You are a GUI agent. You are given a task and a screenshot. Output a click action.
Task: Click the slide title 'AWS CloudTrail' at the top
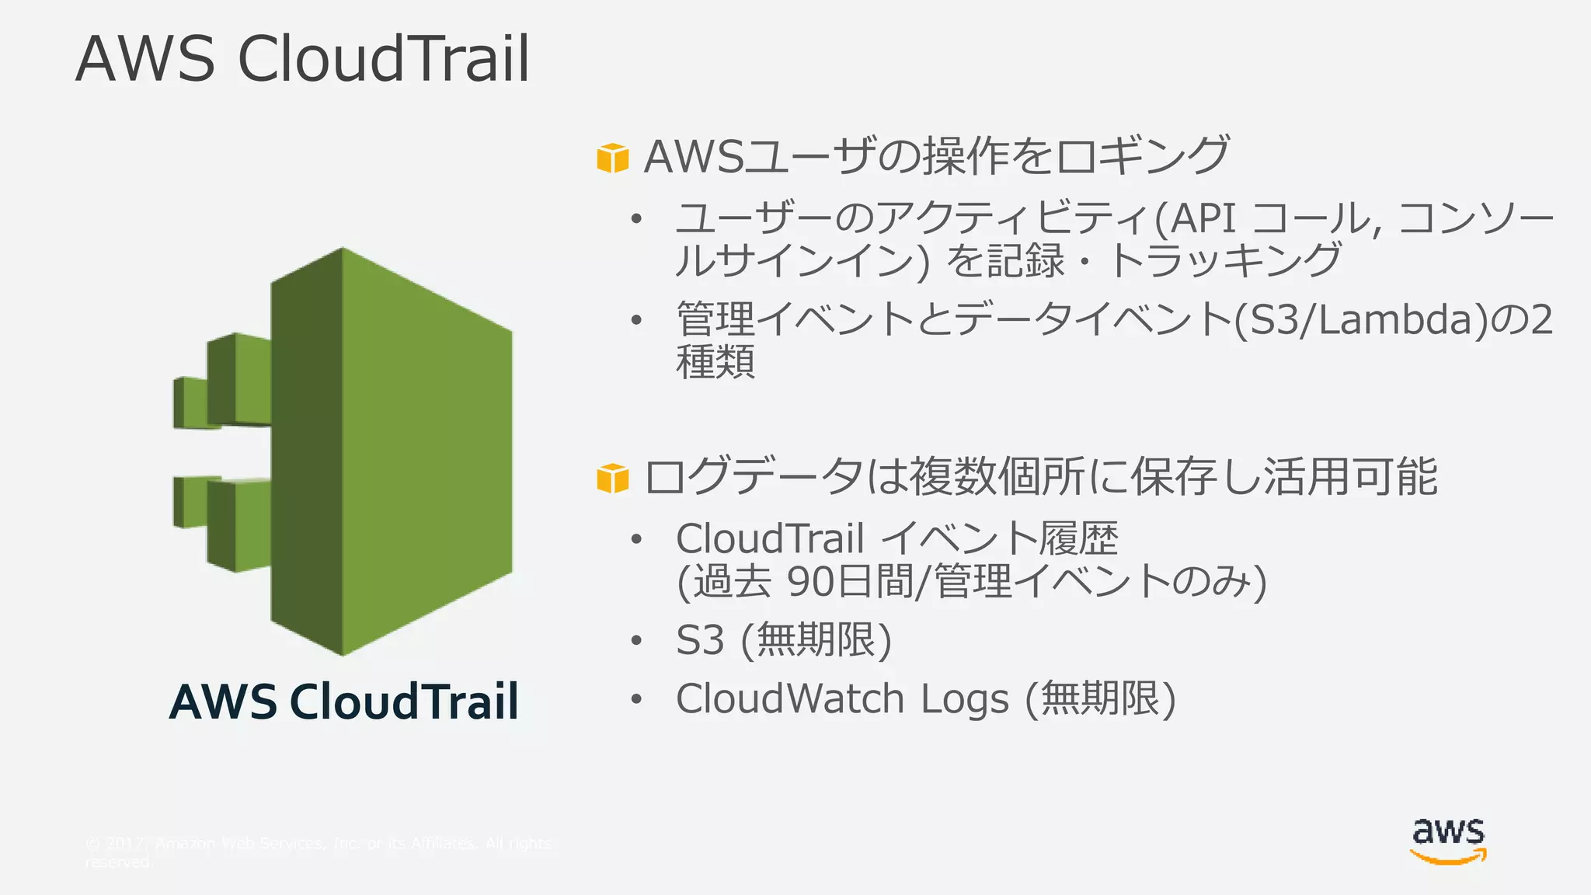point(303,59)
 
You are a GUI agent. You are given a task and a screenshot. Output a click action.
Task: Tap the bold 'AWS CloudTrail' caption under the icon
point(343,702)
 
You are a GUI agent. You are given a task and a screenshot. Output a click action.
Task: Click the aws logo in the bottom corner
point(1448,841)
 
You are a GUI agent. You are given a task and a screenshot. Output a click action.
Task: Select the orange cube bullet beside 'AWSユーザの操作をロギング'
point(612,158)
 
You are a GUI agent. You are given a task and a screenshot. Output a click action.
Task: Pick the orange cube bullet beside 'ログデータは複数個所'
point(612,478)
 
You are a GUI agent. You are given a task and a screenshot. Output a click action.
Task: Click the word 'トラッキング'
point(1224,260)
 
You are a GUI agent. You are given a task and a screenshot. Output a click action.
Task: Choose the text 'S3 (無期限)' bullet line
point(783,640)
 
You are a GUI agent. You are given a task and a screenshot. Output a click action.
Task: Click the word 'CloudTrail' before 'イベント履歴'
point(770,538)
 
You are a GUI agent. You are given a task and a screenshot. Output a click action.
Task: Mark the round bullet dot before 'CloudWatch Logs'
point(637,699)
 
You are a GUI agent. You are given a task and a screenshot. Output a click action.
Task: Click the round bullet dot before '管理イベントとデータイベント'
point(637,320)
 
